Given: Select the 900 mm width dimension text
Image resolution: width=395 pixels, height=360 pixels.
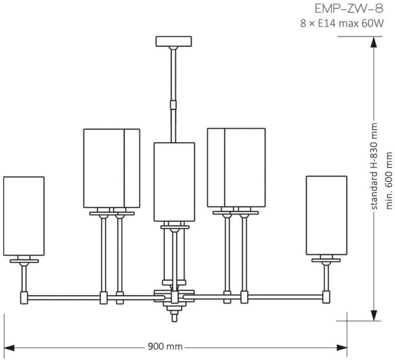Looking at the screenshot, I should tap(165, 346).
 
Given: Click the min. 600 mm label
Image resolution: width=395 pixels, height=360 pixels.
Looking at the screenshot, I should tap(388, 176).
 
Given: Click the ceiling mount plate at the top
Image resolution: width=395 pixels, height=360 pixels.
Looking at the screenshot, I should tap(174, 41).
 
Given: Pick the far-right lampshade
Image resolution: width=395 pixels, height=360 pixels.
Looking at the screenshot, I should tap(326, 215).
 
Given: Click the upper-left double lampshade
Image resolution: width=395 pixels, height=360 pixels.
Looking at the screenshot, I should tap(111, 168).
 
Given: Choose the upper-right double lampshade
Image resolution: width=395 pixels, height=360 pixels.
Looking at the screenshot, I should tap(236, 168).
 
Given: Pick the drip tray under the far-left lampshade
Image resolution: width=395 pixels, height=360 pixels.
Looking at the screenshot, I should tap(24, 261).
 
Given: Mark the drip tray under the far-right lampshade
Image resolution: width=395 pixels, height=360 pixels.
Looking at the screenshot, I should tap(326, 261).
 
